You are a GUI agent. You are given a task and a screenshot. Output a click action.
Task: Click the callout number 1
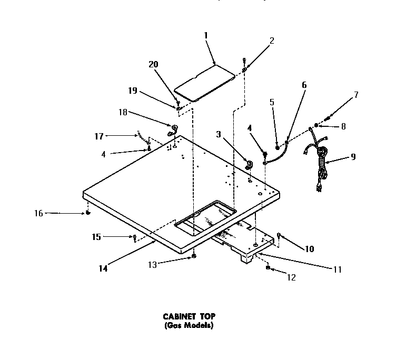tap(205, 35)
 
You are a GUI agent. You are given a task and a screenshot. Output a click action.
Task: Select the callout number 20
tap(153, 65)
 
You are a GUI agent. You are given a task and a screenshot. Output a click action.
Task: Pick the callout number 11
tap(337, 269)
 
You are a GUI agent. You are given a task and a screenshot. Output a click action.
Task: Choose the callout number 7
tap(357, 95)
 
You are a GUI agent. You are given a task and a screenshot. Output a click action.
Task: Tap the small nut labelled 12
tap(269, 268)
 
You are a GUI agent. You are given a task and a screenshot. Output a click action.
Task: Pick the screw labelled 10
tap(279, 236)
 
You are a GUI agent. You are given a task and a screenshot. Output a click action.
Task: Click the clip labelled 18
tap(173, 129)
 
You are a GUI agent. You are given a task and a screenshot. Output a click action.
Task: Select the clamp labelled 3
tap(250, 165)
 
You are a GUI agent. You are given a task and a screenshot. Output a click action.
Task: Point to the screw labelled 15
tap(135, 237)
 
